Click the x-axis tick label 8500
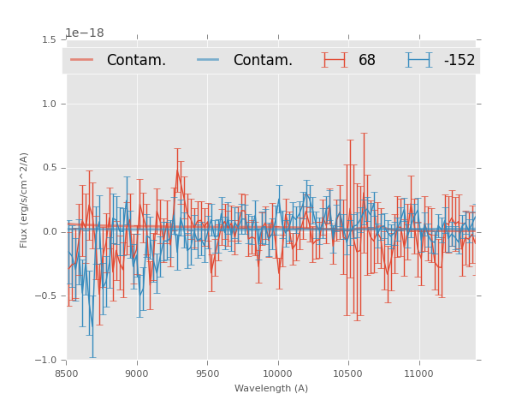pos(66,374)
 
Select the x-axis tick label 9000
pos(137,374)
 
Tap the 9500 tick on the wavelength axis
pos(207,374)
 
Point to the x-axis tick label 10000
pos(278,374)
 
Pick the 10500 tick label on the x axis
pos(348,374)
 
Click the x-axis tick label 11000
pos(419,374)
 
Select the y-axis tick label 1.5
pos(49,40)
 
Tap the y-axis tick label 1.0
pos(49,104)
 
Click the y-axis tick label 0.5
pos(49,168)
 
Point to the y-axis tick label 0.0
pos(49,232)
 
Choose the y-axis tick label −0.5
pos(46,296)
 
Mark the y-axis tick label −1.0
pos(46,361)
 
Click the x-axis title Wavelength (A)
pos(271,389)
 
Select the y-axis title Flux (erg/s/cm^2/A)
pos(25,200)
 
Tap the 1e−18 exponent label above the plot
pos(84,33)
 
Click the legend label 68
pos(367,61)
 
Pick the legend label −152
pos(459,61)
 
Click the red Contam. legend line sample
pos(82,60)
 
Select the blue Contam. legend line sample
pos(209,60)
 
